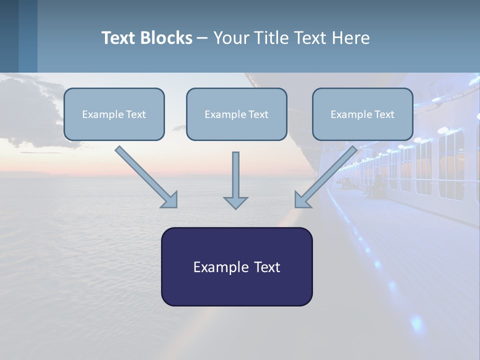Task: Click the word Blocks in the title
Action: pos(166,37)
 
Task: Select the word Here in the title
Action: pos(351,37)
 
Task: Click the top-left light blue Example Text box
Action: pos(114,114)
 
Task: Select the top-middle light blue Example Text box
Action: pos(236,114)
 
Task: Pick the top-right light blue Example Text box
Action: pos(363,114)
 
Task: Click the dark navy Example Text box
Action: pos(237,266)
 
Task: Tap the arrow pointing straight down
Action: pos(235,180)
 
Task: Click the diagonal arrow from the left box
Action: pos(146,177)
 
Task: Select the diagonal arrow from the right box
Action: pos(326,177)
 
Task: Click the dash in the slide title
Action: pos(202,38)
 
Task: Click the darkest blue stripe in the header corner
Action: pos(9,36)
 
